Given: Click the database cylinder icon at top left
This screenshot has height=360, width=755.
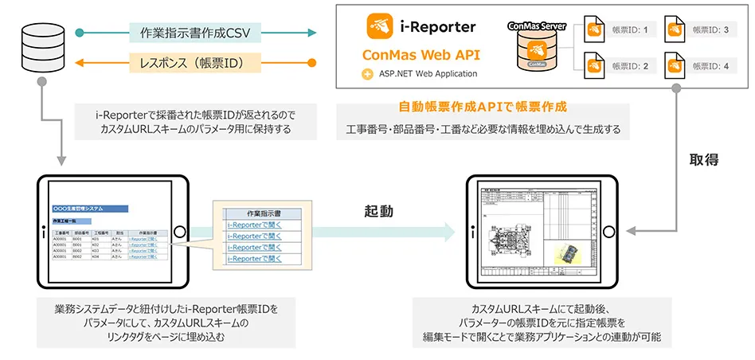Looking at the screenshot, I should [x=37, y=49].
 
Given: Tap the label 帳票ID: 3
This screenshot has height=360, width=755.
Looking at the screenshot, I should [x=710, y=30].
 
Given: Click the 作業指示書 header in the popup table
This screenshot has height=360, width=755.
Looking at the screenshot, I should [x=251, y=213].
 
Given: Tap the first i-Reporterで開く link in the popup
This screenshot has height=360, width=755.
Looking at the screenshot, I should [x=251, y=225].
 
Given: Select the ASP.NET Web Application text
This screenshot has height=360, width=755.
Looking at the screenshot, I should [x=428, y=74].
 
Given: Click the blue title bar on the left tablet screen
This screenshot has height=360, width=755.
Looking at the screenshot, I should [x=88, y=208].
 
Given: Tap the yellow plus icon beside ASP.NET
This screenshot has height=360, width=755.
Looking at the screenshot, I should [x=366, y=74].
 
